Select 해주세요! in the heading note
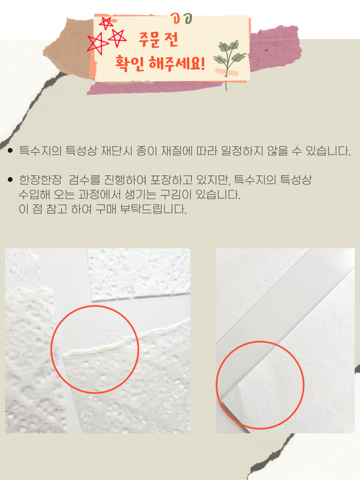tap(177, 63)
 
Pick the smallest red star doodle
tap(106, 23)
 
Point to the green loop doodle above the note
tap(188, 19)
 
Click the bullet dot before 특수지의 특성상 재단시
tap(10, 151)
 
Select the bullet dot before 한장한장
tap(10, 180)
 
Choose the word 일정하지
tap(242, 151)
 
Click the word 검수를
tap(84, 180)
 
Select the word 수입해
tap(34, 194)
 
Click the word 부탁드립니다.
tap(153, 209)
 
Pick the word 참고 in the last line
tap(57, 209)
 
